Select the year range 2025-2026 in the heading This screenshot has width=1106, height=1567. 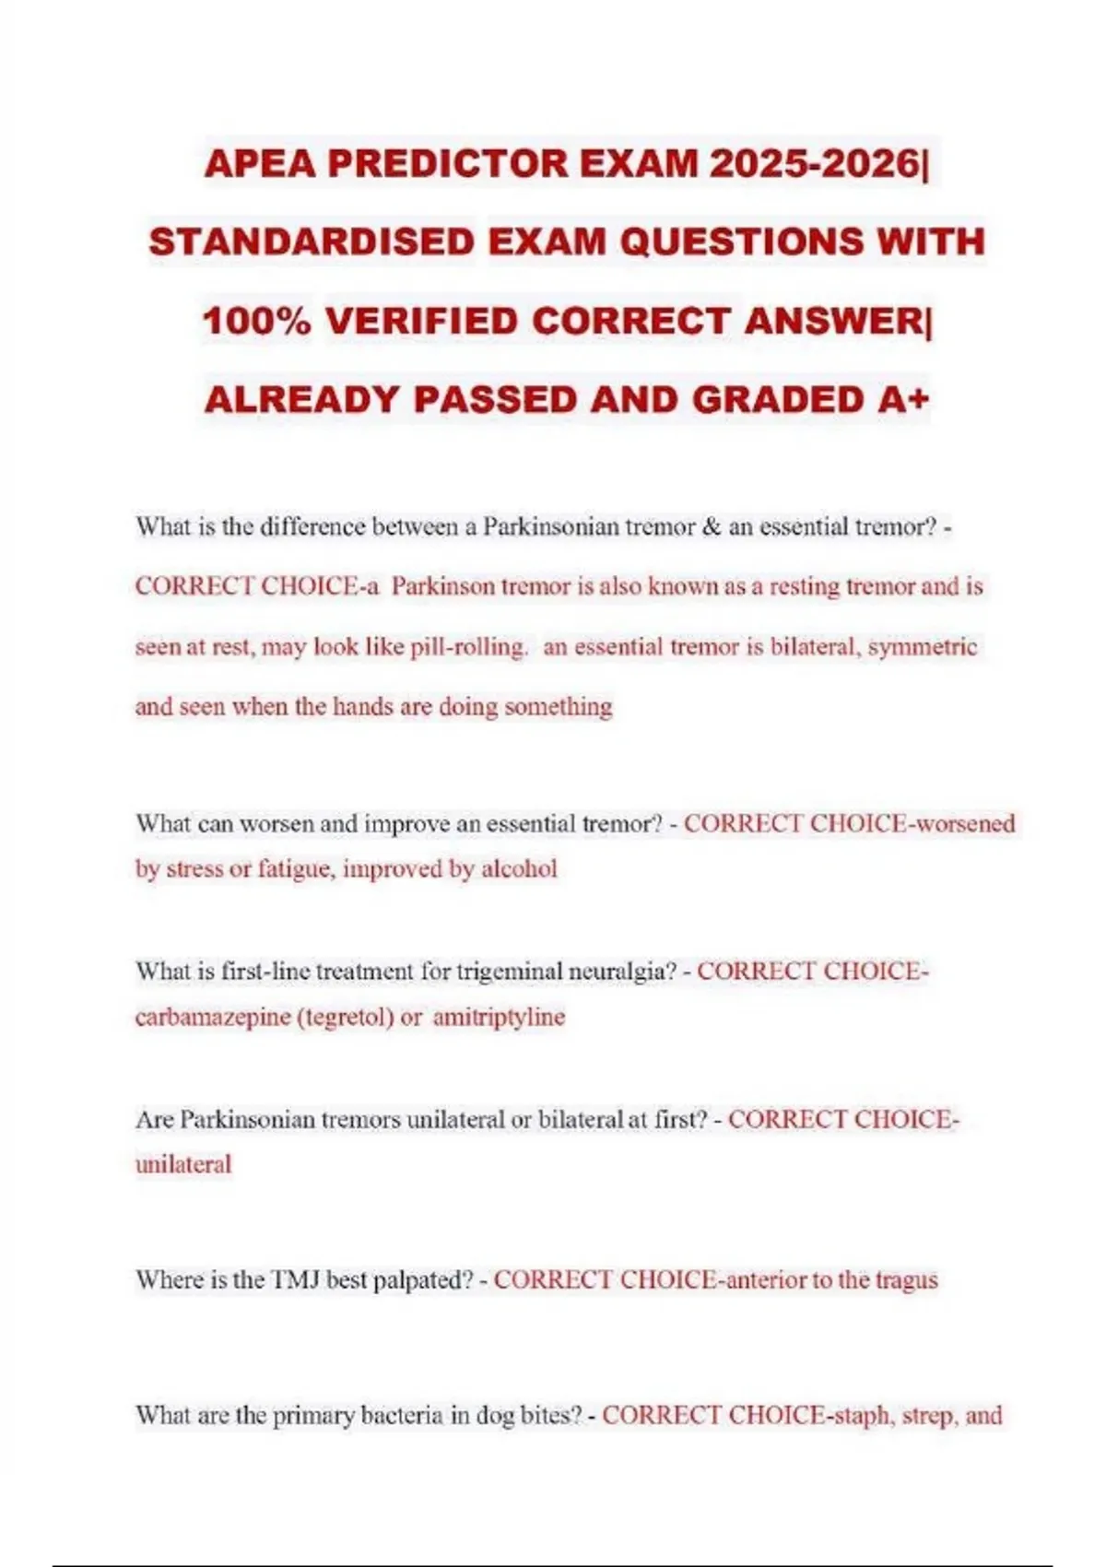814,164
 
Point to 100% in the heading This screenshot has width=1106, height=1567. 256,322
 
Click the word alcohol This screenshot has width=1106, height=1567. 519,869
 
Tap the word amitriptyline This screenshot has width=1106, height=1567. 499,1018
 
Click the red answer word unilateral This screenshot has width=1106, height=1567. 183,1164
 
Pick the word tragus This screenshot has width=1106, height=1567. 906,1280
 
